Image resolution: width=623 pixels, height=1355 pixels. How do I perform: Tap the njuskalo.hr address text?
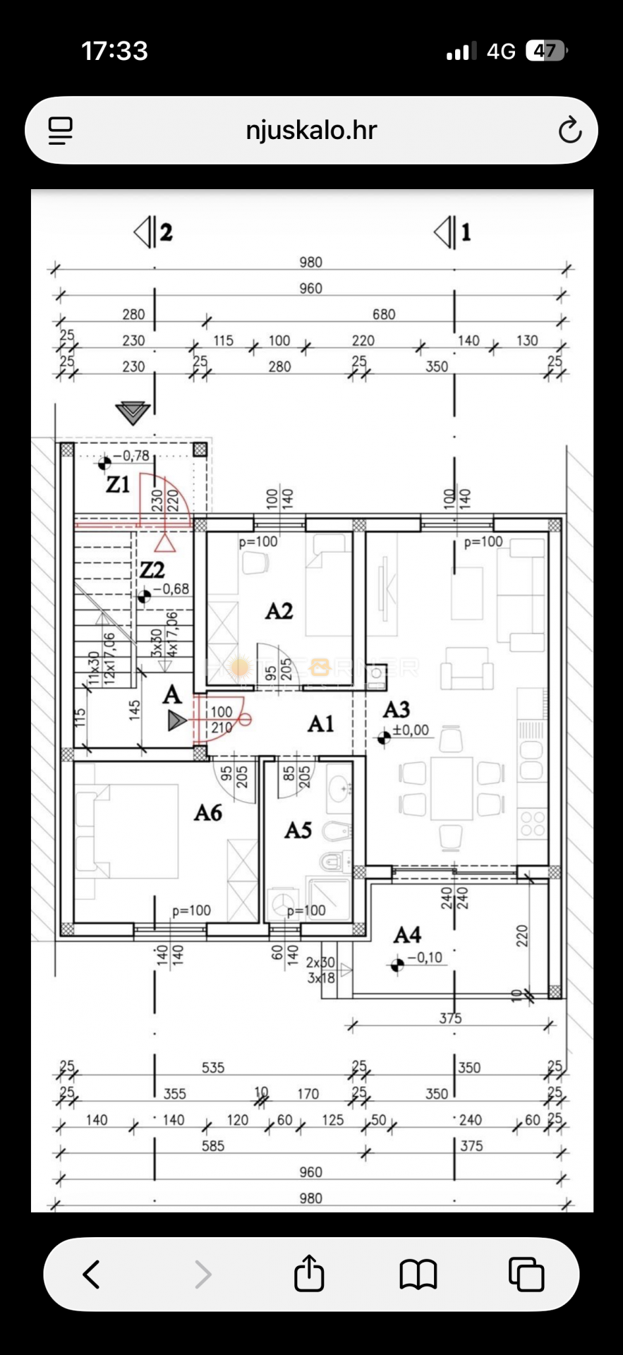click(x=311, y=130)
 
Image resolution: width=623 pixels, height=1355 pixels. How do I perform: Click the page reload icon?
click(x=569, y=131)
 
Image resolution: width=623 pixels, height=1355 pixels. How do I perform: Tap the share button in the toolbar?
click(x=309, y=1274)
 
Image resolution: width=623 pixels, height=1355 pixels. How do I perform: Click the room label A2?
click(x=279, y=611)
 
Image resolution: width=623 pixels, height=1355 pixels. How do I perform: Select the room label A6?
click(x=208, y=813)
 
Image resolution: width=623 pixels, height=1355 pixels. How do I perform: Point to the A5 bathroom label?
click(x=298, y=831)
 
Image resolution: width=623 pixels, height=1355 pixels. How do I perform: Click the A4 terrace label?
click(x=407, y=935)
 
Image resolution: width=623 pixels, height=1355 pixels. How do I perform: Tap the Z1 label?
click(x=117, y=485)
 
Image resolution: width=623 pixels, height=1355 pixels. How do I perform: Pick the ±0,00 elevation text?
click(x=411, y=730)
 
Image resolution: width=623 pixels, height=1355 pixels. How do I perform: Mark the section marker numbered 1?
click(x=453, y=232)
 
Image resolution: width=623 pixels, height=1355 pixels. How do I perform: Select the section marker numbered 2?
click(x=153, y=232)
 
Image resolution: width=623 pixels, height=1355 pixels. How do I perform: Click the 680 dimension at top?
click(x=384, y=314)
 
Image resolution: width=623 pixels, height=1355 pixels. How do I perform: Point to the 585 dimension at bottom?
click(x=213, y=1145)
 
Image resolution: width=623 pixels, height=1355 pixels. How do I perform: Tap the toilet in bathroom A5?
click(x=334, y=861)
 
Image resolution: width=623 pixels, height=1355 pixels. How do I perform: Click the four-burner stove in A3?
click(x=533, y=824)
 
